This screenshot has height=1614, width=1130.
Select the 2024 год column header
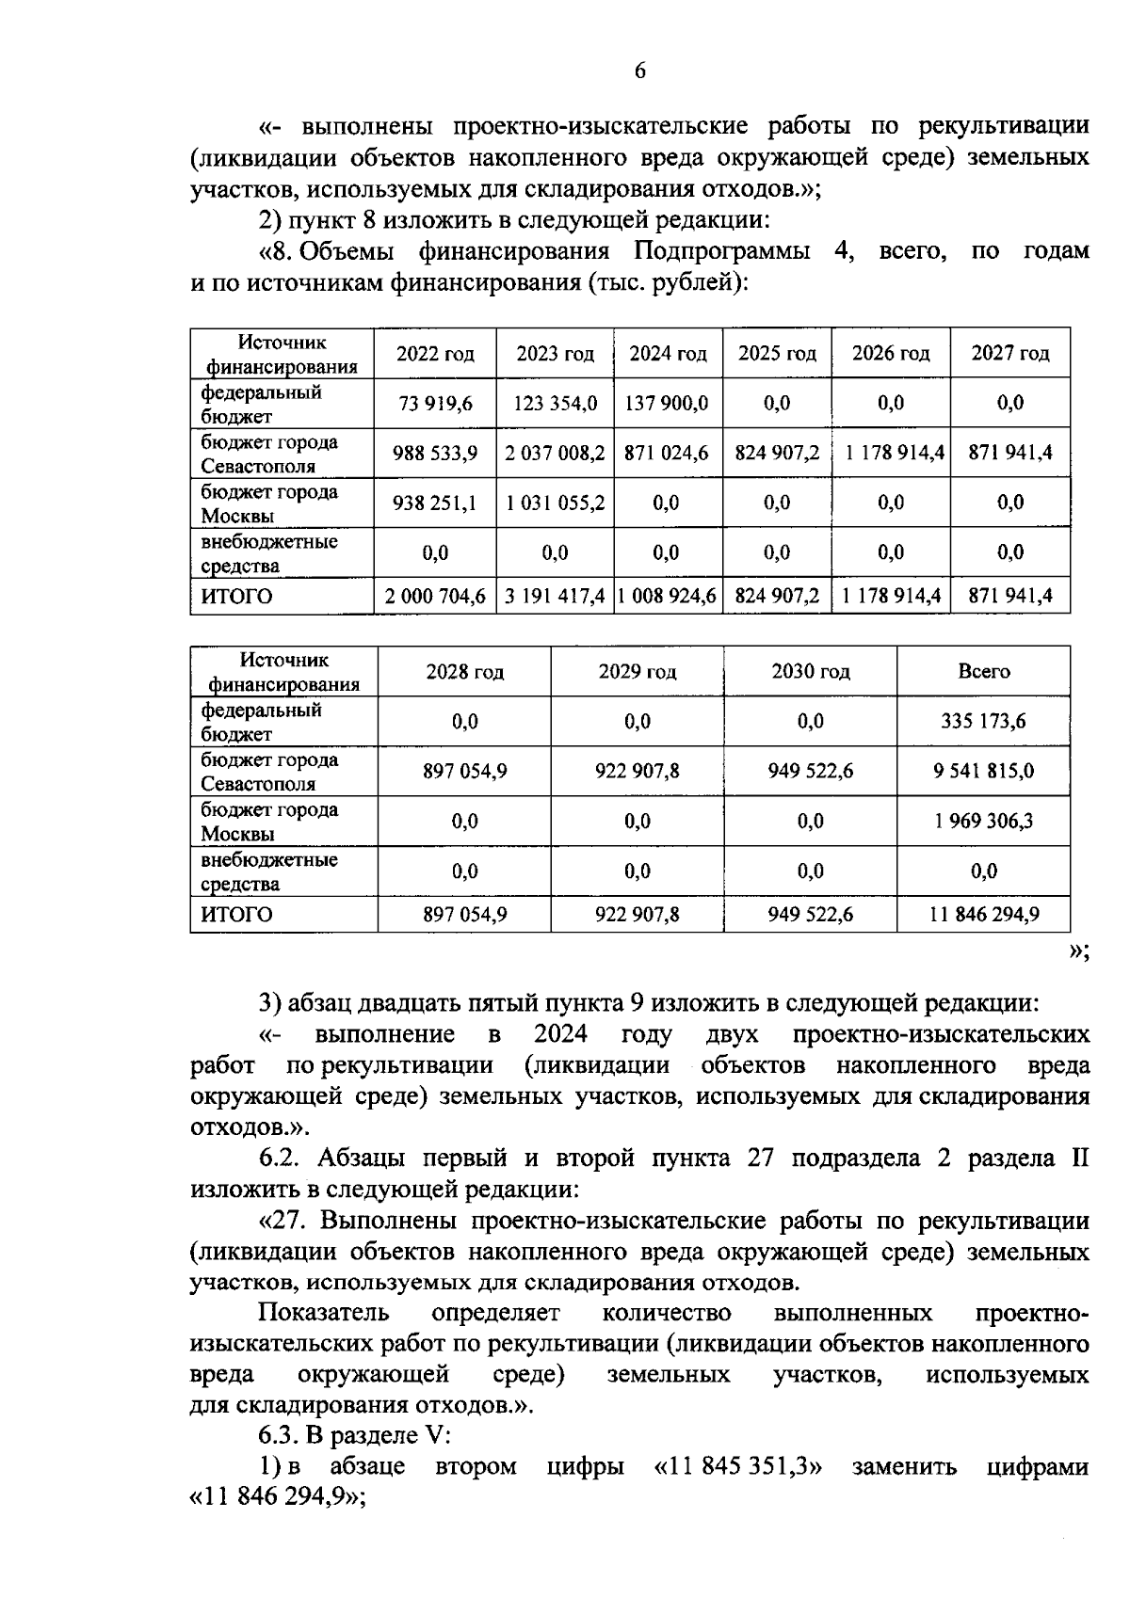click(x=668, y=354)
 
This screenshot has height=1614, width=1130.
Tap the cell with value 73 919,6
click(x=435, y=404)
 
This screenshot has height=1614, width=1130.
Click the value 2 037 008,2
click(x=555, y=454)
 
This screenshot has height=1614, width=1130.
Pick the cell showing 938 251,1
click(x=435, y=503)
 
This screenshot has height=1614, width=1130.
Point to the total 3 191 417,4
click(x=555, y=597)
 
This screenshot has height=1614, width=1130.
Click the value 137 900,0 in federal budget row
click(x=668, y=404)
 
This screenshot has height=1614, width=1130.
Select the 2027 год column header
click(x=1009, y=354)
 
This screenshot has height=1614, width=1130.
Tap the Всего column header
click(x=983, y=672)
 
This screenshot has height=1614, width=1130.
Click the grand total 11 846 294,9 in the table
click(x=983, y=915)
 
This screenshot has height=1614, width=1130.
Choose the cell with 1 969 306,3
click(x=983, y=822)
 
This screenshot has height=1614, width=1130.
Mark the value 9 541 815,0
click(x=983, y=772)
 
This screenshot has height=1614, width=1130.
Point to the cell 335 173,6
click(x=983, y=722)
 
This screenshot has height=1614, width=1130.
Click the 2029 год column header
click(x=637, y=672)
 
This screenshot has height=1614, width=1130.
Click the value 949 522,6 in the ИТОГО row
click(x=810, y=915)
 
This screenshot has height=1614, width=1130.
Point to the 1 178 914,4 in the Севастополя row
click(x=891, y=454)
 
